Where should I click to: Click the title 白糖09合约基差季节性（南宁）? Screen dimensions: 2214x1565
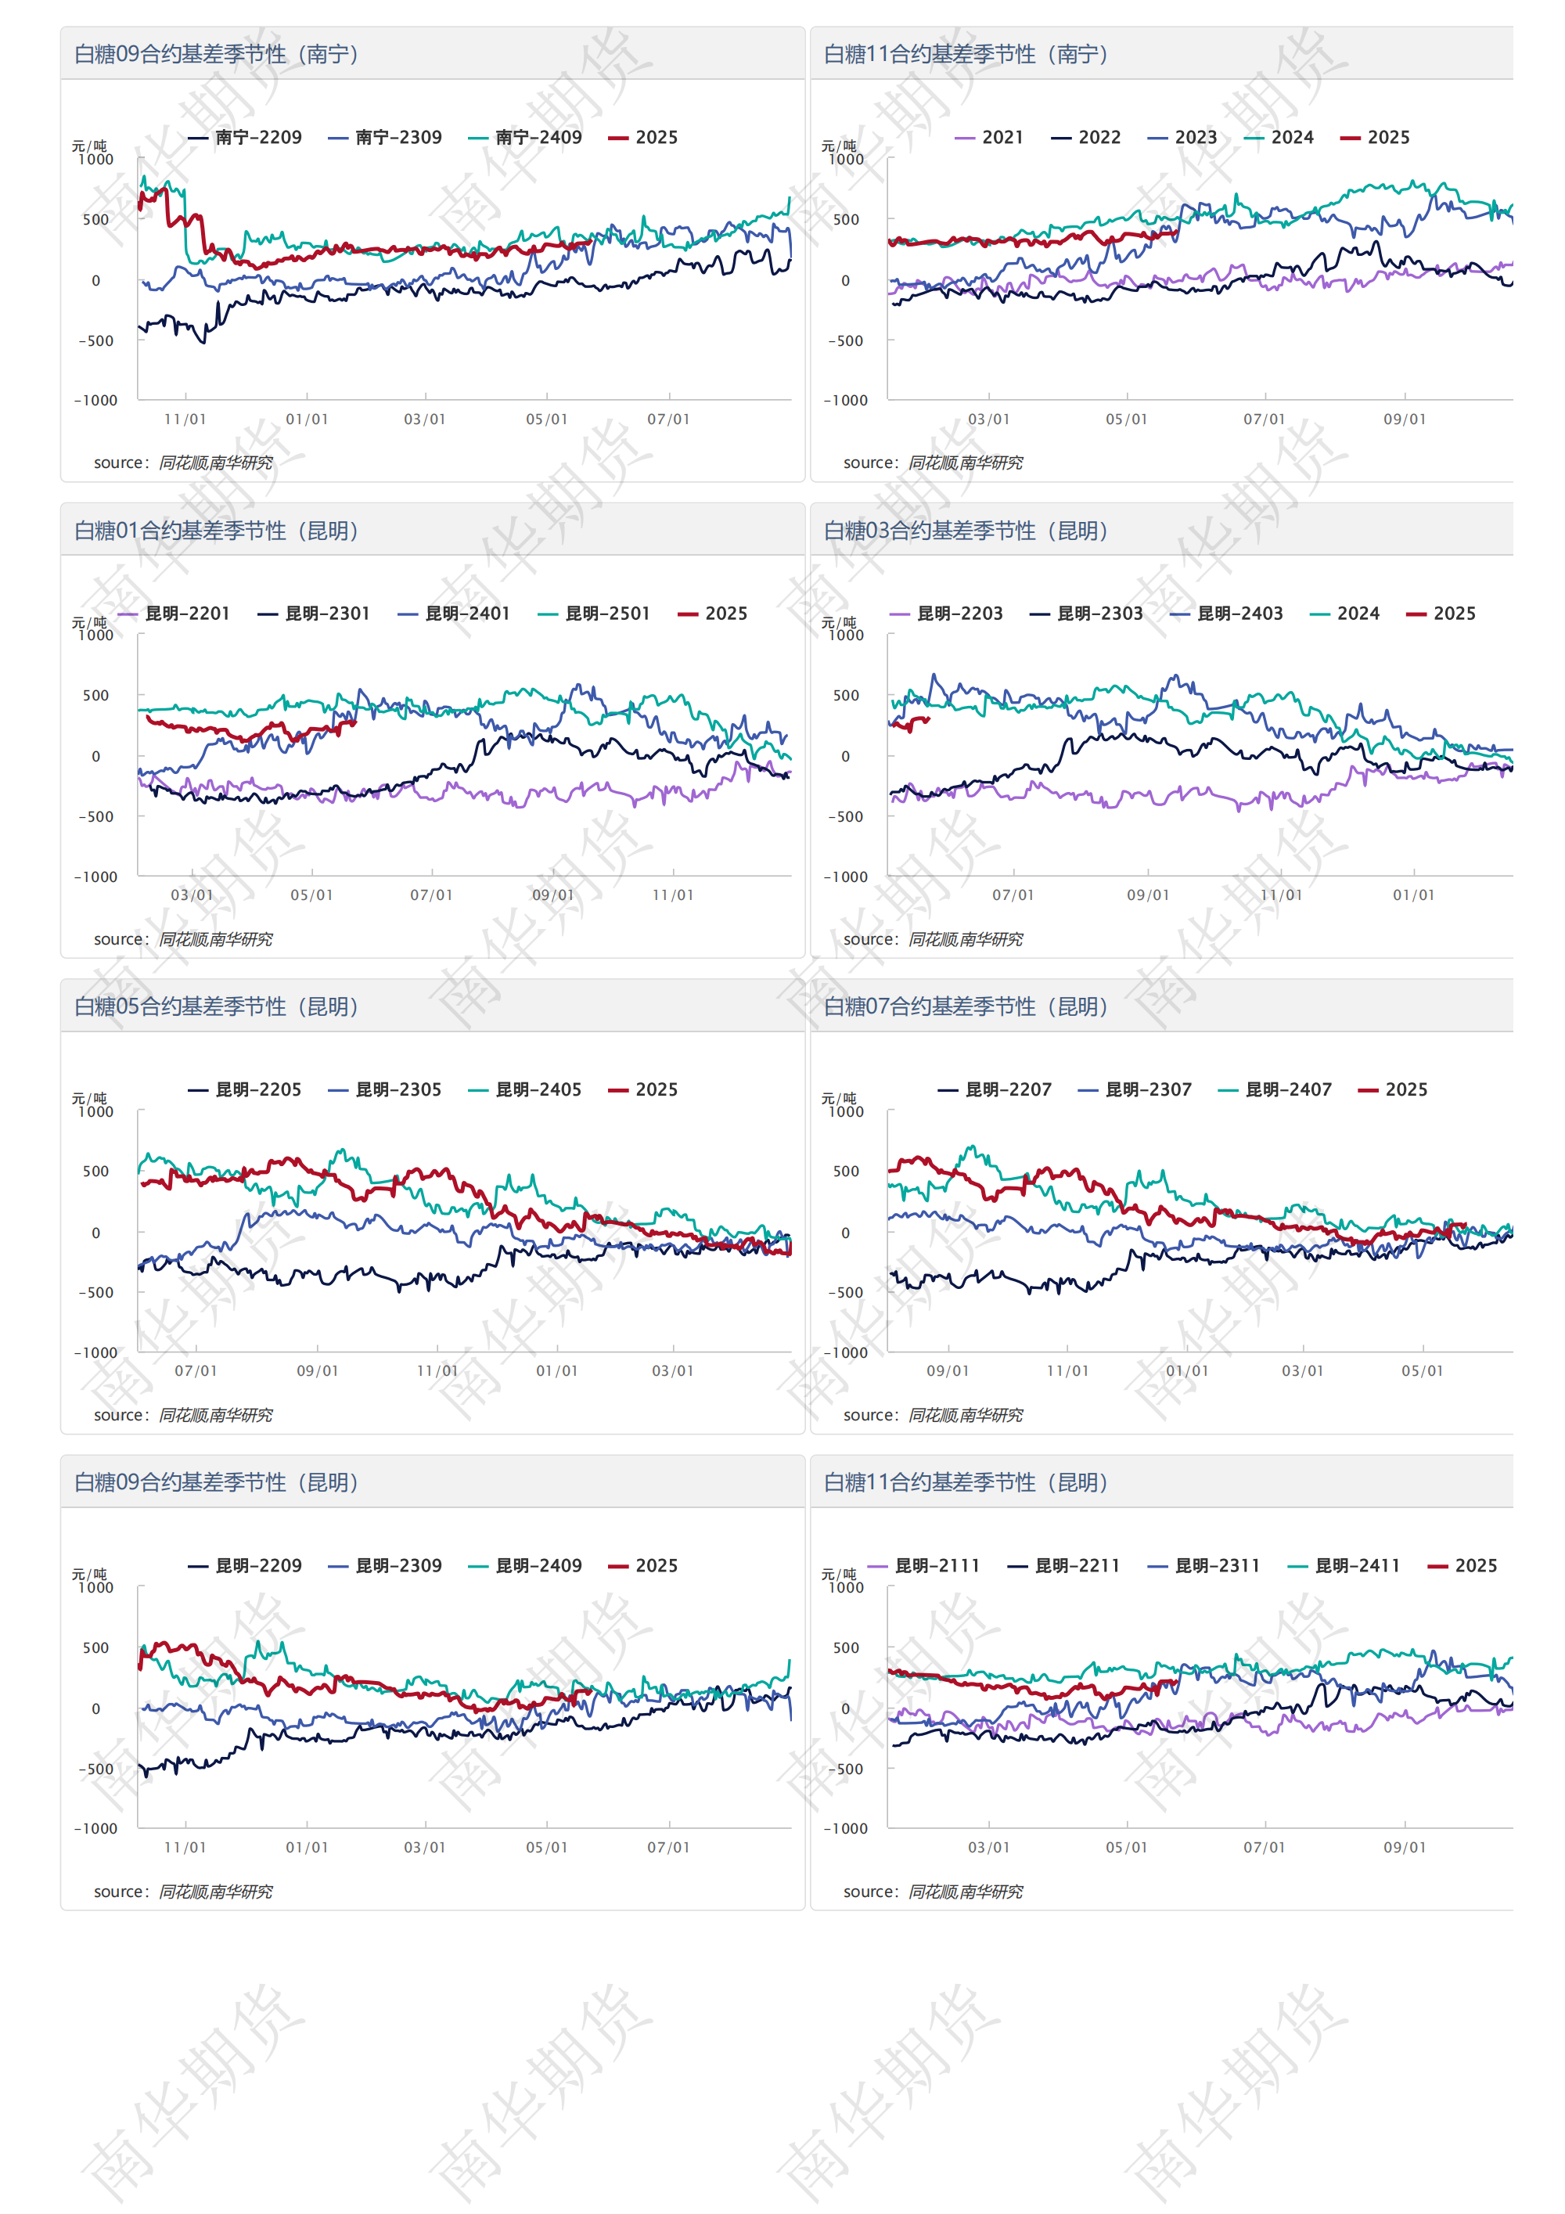click(217, 54)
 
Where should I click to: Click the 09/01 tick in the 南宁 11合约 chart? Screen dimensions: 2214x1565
click(1404, 419)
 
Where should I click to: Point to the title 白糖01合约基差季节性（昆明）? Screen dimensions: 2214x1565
click(217, 531)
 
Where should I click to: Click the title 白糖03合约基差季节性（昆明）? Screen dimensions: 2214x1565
click(966, 531)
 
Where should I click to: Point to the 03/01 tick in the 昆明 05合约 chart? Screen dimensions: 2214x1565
click(672, 1371)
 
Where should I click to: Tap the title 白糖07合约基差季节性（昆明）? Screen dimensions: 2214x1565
click(966, 1006)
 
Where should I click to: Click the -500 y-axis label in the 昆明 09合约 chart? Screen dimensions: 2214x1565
click(95, 1769)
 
